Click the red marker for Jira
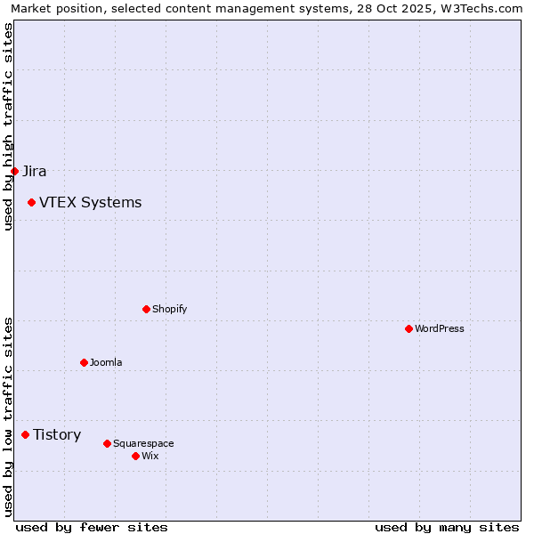14,171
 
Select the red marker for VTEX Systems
31,203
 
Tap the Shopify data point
146,309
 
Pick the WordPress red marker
409,328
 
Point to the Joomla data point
84,362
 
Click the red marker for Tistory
25,435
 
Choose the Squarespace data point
107,443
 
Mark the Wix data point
135,456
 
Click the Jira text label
35,171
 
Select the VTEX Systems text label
90,203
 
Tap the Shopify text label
169,309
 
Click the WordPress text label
439,328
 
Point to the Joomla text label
106,362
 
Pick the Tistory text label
57,435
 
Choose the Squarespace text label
143,443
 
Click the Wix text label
150,456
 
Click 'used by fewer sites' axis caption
92,527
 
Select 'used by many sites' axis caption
447,527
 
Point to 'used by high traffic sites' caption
8,126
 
